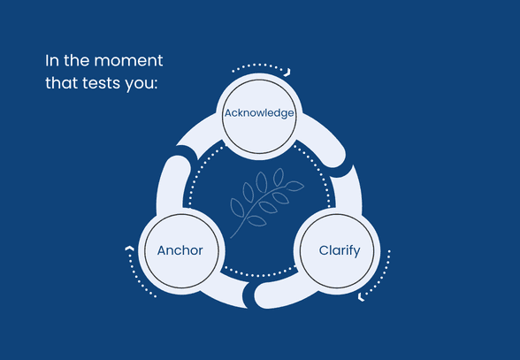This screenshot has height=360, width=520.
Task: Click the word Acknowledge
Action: click(259, 113)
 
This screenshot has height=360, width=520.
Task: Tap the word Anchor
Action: click(180, 250)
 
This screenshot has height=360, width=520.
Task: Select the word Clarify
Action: click(340, 251)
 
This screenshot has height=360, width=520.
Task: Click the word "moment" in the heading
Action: click(129, 61)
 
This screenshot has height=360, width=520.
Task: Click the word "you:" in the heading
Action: click(141, 85)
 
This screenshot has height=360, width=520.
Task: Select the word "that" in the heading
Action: click(62, 82)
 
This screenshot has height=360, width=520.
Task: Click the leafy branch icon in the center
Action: click(267, 203)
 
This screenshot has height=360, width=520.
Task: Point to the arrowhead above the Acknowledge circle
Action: click(287, 73)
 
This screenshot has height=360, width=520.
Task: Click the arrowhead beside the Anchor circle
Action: click(129, 249)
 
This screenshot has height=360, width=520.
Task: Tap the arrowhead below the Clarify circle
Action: click(361, 297)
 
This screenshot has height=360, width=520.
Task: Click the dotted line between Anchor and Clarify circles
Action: click(260, 275)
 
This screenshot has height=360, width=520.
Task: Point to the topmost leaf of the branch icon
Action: click(279, 177)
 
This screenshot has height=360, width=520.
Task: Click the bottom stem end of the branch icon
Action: click(231, 237)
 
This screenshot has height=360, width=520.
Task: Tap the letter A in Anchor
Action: click(162, 250)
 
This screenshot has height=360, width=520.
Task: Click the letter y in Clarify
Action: click(356, 253)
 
